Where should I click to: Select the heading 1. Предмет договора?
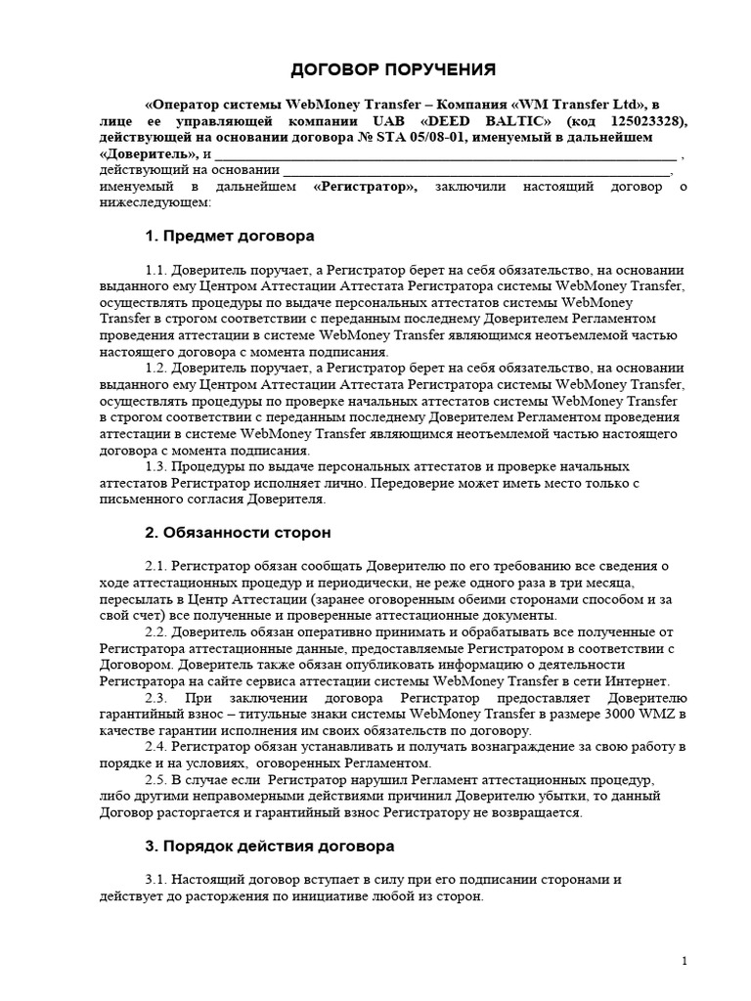click(230, 236)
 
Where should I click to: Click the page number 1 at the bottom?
click(685, 962)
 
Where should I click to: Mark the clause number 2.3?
click(156, 698)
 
